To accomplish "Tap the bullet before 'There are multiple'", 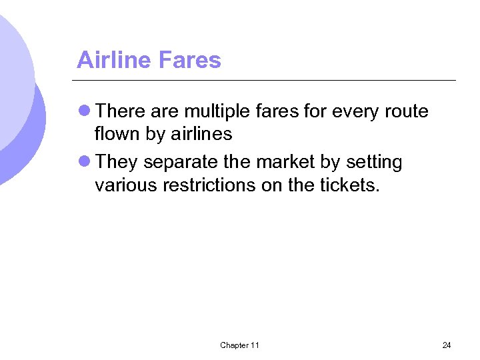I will pos(85,111).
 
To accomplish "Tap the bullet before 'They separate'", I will pos(85,162).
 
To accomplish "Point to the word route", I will pos(407,111).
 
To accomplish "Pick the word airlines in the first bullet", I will pos(201,134).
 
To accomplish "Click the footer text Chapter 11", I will pos(239,345).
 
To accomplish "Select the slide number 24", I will pos(446,345).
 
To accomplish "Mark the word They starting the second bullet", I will pos(117,162).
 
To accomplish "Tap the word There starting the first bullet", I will pos(121,111).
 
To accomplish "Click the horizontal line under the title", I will pos(267,80).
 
